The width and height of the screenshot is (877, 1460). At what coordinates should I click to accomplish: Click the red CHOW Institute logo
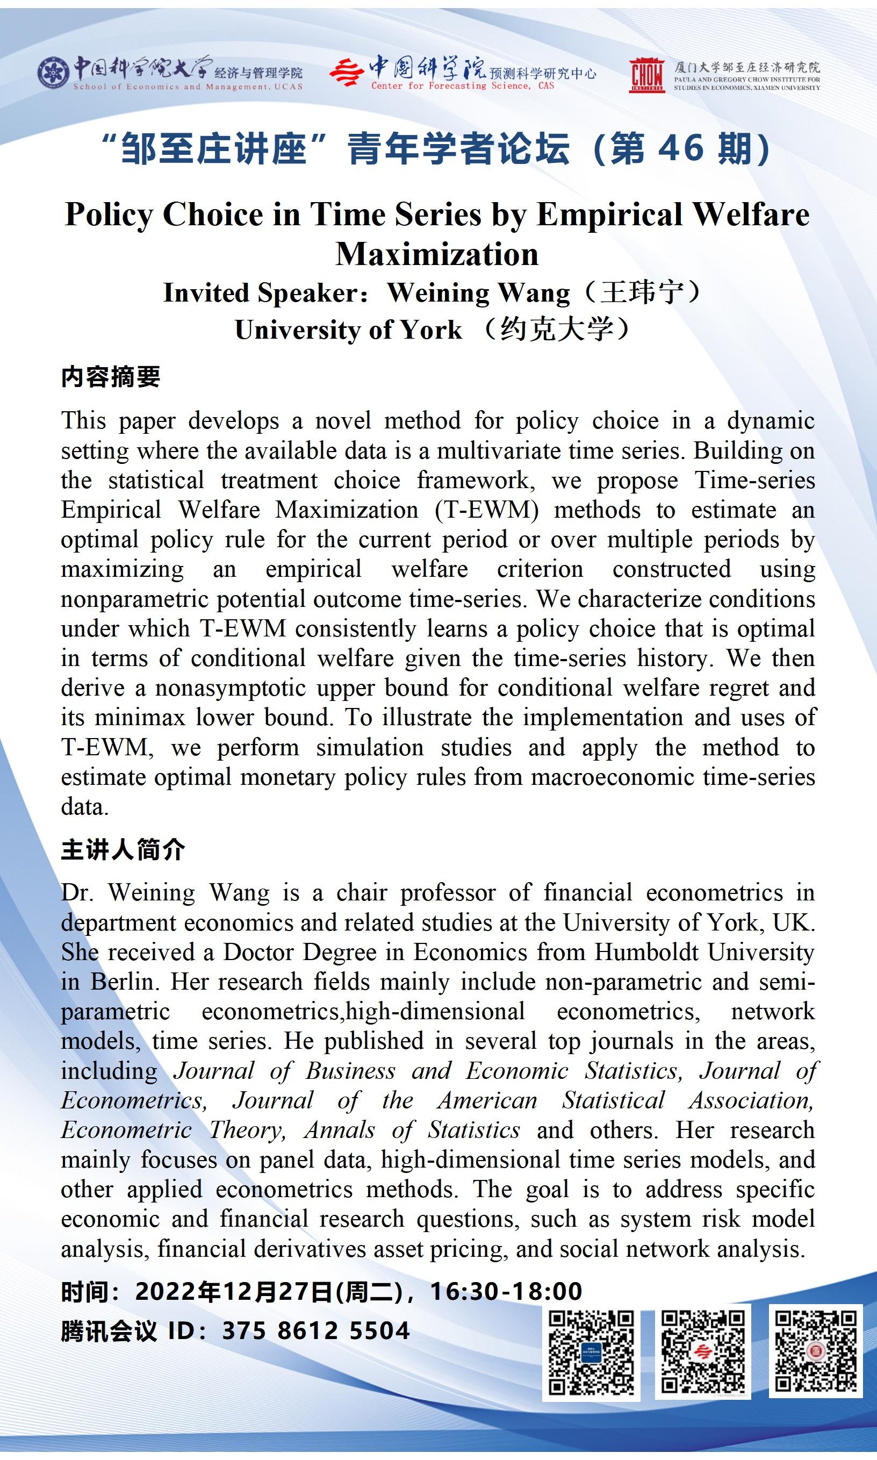coord(648,75)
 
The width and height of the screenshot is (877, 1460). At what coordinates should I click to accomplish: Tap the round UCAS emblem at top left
coord(54,73)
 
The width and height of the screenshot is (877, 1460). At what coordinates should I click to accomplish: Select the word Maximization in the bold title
coord(437,254)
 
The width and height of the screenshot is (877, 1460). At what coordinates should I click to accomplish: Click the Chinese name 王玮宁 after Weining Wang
coord(642,292)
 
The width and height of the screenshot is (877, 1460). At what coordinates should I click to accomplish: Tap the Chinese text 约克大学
coord(557,329)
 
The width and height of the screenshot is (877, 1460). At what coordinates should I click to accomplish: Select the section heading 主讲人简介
coord(123,849)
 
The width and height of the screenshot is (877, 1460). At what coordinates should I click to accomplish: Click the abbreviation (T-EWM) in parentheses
coord(486,510)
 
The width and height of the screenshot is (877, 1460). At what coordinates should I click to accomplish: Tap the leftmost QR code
coord(591,1351)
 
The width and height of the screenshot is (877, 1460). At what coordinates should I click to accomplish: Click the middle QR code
coord(703,1351)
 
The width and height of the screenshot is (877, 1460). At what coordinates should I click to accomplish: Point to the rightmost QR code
coord(816,1351)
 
